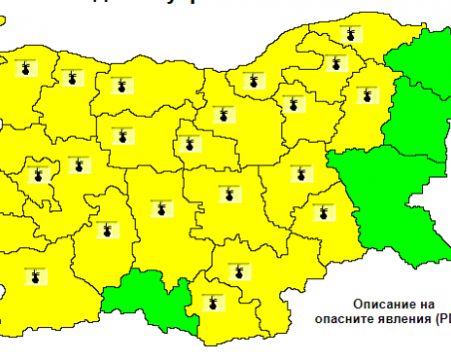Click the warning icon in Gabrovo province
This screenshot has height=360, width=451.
(187, 144)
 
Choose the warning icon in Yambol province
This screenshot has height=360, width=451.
(322, 211)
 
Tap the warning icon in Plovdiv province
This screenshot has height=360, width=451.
(160, 208)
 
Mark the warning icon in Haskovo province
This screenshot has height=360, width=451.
(237, 268)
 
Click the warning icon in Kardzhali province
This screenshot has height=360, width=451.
(211, 298)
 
